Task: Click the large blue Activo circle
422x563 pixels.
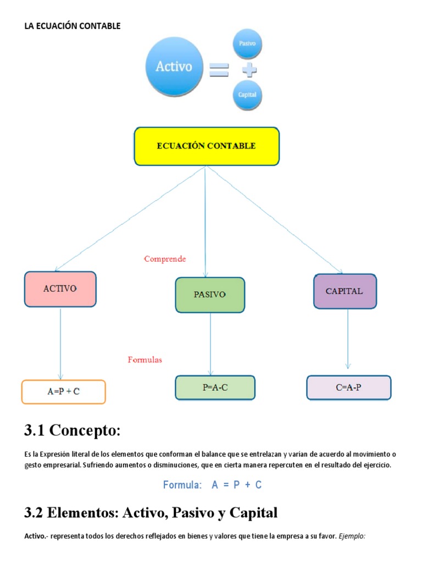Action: (x=174, y=67)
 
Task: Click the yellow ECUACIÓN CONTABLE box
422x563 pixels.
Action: (x=207, y=146)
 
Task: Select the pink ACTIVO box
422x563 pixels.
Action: (x=60, y=289)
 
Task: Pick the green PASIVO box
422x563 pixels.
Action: (x=210, y=295)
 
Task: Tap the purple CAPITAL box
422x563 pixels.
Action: (x=345, y=291)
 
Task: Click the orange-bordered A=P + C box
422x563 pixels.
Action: (x=63, y=392)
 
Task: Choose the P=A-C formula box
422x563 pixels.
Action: (x=215, y=388)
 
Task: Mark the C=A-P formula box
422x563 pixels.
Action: (x=348, y=388)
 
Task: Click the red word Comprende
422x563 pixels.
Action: (x=165, y=259)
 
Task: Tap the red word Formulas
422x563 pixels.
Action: (x=145, y=360)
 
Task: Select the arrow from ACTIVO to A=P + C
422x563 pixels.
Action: (x=60, y=344)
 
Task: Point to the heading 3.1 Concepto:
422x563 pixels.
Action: (x=72, y=430)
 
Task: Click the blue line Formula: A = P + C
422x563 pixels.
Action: (x=212, y=485)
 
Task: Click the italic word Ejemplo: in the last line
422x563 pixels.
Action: (x=351, y=536)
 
